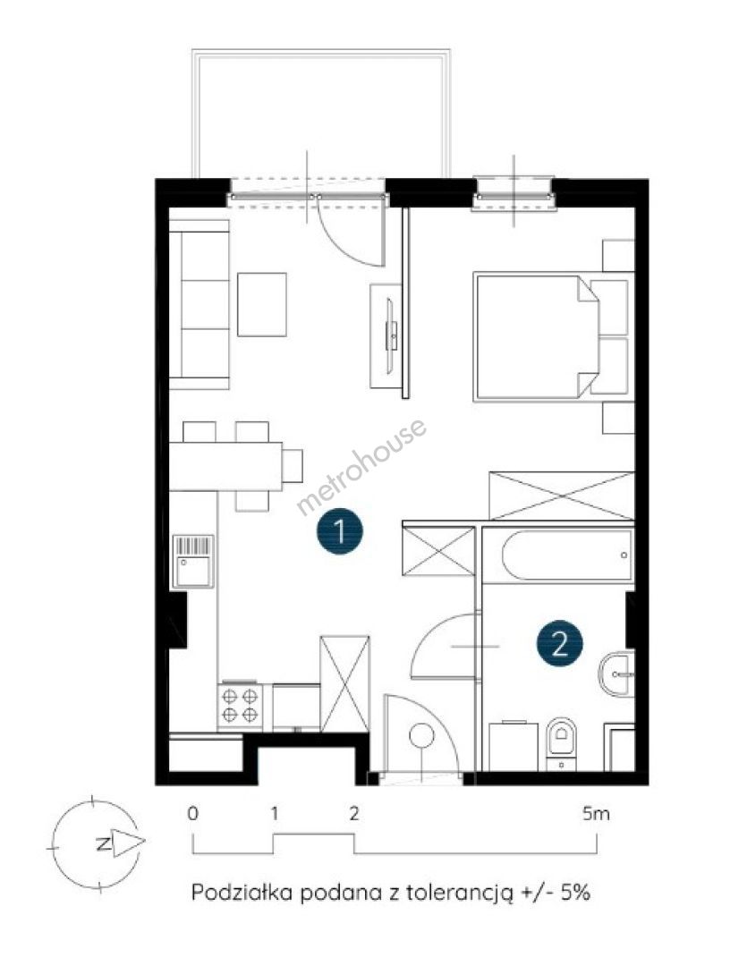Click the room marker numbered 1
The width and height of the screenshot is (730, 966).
pos(339,530)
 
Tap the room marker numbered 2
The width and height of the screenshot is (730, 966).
pos(559,645)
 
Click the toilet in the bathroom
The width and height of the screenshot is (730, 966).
pos(561,743)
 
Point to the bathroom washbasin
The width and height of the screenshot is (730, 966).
pos(615,674)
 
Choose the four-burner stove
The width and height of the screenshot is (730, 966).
pos(240,707)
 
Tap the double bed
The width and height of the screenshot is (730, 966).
pos(536,336)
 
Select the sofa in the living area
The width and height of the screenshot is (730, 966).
pos(199,305)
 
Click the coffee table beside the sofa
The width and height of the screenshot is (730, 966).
pos(262,304)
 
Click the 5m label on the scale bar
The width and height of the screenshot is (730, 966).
pos(596,814)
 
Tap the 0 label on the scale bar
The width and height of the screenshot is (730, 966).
pos(193,814)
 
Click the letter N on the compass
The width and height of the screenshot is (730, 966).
pos(104,843)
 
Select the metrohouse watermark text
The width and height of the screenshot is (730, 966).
pos(361,466)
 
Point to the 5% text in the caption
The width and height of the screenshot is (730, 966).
pos(575,892)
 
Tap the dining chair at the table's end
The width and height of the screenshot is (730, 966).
pos(293,466)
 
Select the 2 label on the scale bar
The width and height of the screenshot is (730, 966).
pos(353,814)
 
